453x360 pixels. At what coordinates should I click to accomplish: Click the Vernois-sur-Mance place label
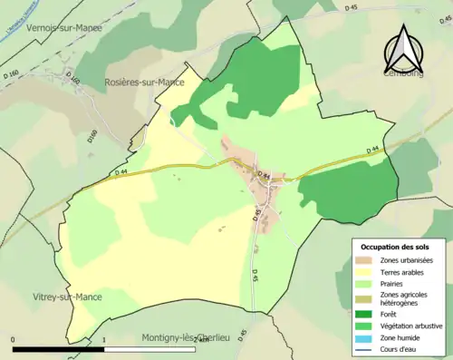(64, 28)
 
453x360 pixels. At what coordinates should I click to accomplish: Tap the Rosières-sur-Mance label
(146, 83)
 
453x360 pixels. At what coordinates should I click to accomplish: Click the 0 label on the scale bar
(13, 339)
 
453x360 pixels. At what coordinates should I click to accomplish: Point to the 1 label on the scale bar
(105, 339)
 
